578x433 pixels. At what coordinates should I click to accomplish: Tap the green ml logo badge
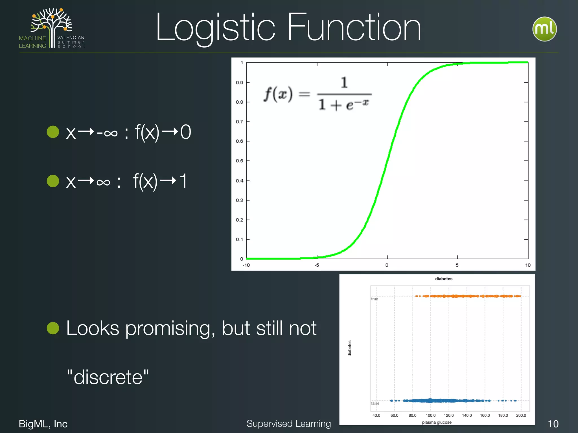544,29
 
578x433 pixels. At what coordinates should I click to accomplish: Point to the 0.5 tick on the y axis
239,161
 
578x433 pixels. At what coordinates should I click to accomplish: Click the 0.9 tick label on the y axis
239,83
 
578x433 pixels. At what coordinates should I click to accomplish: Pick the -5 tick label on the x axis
317,265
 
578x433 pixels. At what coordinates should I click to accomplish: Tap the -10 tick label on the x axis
246,265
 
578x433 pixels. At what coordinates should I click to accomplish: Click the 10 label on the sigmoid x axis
528,265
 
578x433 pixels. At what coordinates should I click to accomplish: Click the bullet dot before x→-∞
53,132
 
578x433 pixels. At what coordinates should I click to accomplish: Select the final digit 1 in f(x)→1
183,181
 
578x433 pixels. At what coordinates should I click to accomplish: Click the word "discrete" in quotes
108,377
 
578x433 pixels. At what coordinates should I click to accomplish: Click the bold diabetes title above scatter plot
444,279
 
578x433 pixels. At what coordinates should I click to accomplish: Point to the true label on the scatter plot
375,299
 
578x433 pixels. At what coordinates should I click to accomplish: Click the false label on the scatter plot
375,403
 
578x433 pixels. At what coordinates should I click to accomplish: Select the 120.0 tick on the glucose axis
449,415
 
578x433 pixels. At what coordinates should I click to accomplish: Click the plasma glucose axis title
437,422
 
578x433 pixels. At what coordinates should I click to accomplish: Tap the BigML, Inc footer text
43,424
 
